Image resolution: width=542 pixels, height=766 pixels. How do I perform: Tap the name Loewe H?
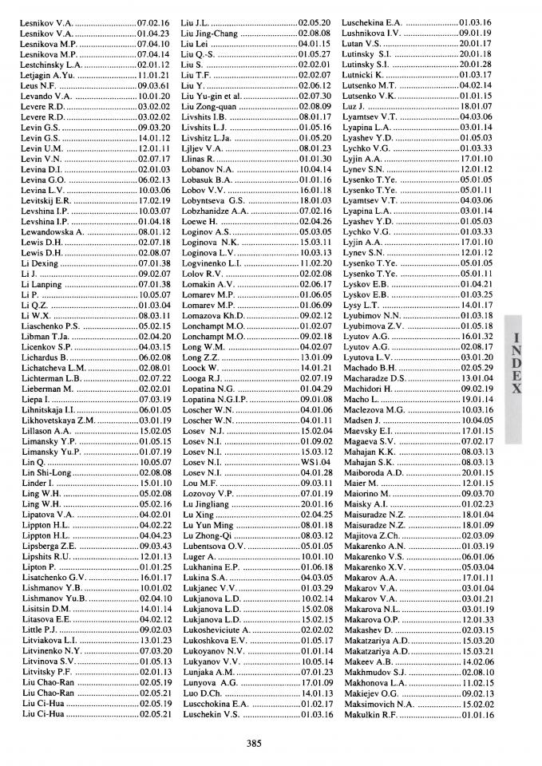pyautogui.click(x=199, y=221)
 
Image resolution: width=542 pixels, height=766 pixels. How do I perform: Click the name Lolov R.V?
pyautogui.click(x=200, y=273)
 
